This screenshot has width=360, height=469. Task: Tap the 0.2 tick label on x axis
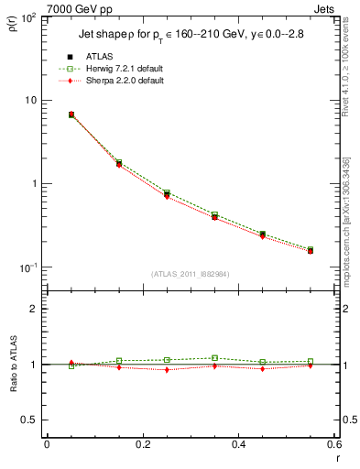pyautogui.click(x=142, y=445)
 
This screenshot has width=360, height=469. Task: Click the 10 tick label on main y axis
pyautogui.click(x=33, y=100)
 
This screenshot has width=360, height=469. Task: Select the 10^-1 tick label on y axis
pyautogui.click(x=29, y=267)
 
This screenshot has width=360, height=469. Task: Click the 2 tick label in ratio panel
pyautogui.click(x=35, y=309)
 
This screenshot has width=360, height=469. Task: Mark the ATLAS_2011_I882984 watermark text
pyautogui.click(x=190, y=275)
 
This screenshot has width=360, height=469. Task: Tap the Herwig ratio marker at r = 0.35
pyautogui.click(x=214, y=358)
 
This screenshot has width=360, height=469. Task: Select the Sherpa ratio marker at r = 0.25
pyautogui.click(x=167, y=369)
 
